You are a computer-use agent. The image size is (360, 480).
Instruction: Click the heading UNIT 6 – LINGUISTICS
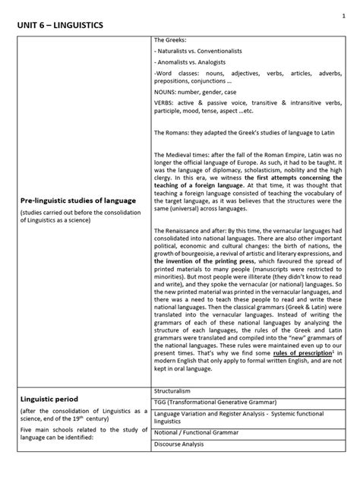(x=60, y=27)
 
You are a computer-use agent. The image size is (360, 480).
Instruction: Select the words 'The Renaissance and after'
(x=189, y=230)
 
